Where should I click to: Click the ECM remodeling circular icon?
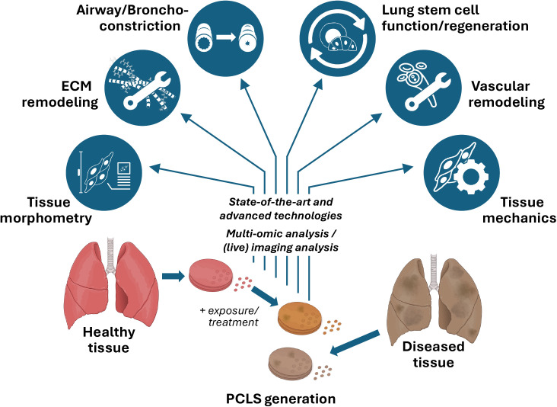click(x=143, y=88)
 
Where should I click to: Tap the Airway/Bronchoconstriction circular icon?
click(x=225, y=39)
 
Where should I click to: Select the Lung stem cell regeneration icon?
click(x=337, y=39)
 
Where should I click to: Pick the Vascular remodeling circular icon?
click(x=423, y=88)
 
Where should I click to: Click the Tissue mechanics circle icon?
click(x=462, y=172)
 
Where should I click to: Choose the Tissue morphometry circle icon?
click(x=104, y=172)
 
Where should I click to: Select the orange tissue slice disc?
click(x=300, y=319)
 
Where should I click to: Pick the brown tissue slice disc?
click(x=291, y=364)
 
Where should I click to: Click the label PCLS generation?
click(x=281, y=399)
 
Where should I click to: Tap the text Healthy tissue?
click(x=109, y=339)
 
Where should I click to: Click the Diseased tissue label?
click(x=434, y=354)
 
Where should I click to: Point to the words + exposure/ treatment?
click(x=230, y=316)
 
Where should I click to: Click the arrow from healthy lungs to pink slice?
click(x=173, y=276)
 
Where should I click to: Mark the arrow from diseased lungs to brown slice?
click(x=355, y=343)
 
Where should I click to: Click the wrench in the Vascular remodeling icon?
click(x=428, y=91)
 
